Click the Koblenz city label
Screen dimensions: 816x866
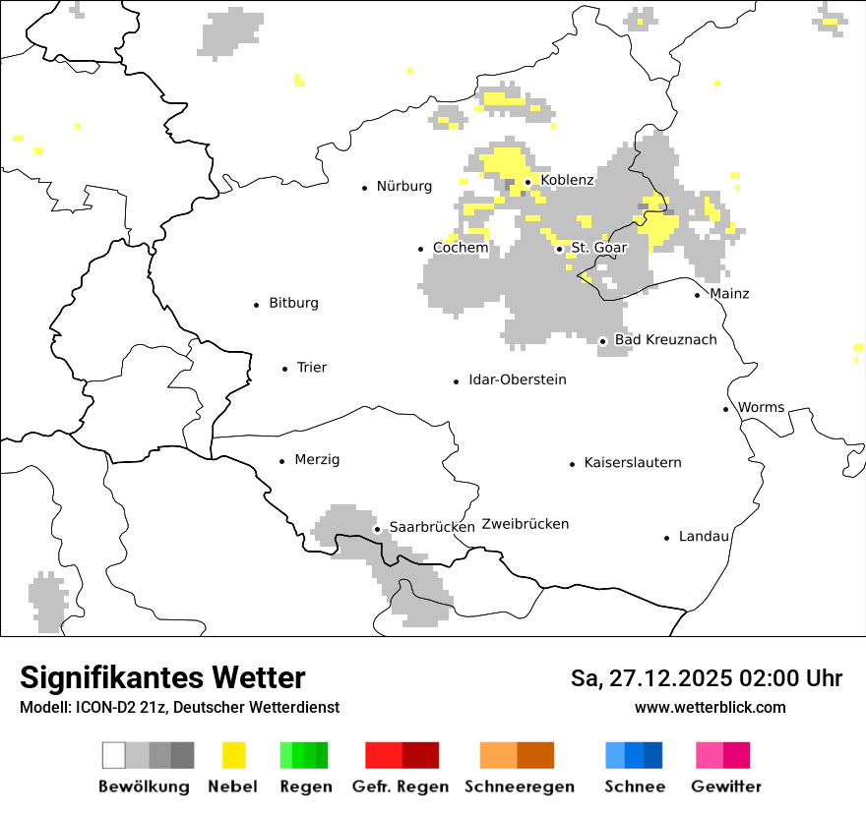coord(567,180)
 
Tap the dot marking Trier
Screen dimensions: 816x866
coord(284,369)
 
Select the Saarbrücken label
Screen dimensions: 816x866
coord(432,527)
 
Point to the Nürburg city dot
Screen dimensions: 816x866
coord(364,187)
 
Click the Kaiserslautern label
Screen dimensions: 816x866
coord(632,462)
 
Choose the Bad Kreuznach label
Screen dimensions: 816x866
coord(665,339)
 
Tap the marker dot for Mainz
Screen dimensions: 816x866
coord(697,295)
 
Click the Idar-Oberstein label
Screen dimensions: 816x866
coord(517,379)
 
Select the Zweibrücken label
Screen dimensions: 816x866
coord(525,524)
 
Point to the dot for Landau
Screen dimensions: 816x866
coord(666,538)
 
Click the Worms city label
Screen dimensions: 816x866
coord(761,407)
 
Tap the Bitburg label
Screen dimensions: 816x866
coord(293,303)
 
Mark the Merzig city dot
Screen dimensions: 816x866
coord(282,461)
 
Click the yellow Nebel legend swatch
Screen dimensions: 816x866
coord(234,755)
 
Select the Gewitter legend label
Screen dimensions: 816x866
coord(725,787)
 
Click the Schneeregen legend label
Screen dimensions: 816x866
coord(519,787)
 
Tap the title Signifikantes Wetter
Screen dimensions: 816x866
coord(162,677)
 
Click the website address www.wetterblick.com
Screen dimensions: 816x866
coord(710,707)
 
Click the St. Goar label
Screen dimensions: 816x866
coord(598,248)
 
